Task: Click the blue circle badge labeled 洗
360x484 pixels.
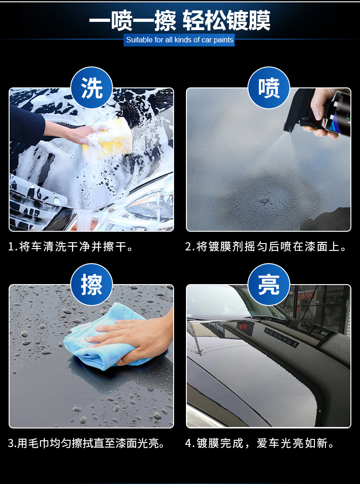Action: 92,88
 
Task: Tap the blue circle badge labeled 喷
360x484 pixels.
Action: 269,88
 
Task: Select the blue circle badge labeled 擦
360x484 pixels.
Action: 92,285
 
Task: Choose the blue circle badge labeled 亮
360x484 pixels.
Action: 269,285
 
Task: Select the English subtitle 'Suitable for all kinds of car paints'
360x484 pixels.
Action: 180,40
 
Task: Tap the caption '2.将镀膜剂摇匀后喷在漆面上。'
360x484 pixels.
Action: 267,247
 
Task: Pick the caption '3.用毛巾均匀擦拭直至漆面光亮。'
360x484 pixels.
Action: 87,443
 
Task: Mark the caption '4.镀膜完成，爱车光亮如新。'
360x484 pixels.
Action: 260,443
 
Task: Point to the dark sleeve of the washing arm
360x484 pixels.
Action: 25,125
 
